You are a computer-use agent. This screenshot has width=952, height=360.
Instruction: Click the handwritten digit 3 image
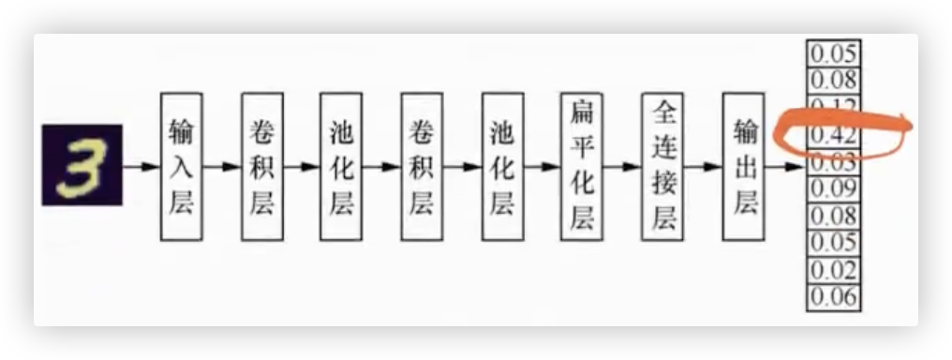click(x=82, y=165)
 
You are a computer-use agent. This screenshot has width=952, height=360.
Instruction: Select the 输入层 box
click(x=182, y=166)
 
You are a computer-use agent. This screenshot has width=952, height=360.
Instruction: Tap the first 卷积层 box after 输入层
click(x=262, y=166)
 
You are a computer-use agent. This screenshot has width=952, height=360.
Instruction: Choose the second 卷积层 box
click(x=422, y=166)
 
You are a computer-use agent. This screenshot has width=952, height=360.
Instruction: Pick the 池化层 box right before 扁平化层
click(x=502, y=166)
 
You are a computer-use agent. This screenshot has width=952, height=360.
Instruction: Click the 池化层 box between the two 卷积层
click(x=342, y=166)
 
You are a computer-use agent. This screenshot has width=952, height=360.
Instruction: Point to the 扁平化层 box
click(x=582, y=166)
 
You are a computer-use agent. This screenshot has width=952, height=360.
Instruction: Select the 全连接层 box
click(x=663, y=166)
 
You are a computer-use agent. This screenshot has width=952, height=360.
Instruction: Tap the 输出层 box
click(x=744, y=166)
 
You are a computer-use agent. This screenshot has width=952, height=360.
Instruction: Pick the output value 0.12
click(x=833, y=105)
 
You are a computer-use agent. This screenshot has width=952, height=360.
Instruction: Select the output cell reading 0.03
click(x=833, y=162)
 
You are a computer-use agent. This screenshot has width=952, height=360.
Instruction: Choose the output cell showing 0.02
click(x=833, y=271)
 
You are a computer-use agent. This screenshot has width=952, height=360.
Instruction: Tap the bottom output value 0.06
click(x=833, y=298)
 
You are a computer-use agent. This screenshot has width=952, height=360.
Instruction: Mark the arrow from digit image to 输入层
click(x=141, y=167)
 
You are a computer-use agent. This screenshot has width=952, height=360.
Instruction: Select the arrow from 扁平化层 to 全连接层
click(x=622, y=167)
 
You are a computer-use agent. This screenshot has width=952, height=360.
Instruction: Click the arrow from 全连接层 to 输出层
click(x=703, y=167)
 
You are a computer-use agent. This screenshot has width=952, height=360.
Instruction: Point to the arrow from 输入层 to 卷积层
click(x=222, y=167)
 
